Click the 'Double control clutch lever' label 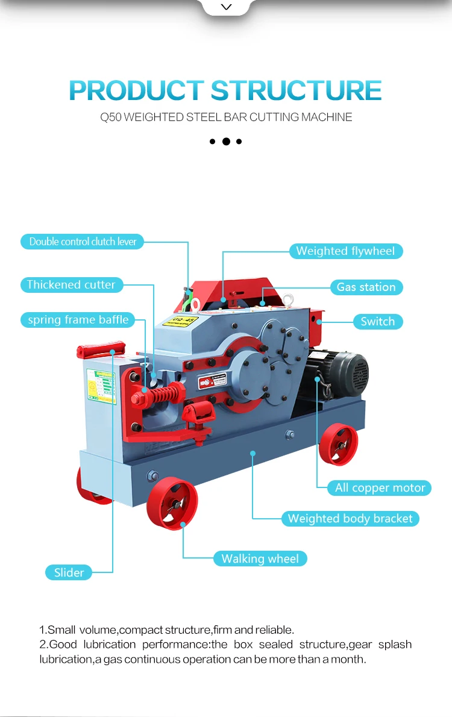click(83, 242)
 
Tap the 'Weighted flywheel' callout click(345, 251)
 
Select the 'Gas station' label click(366, 287)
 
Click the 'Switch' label click(377, 322)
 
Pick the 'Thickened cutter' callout click(71, 285)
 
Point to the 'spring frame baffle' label click(78, 320)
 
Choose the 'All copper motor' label click(380, 488)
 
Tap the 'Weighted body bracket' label click(350, 519)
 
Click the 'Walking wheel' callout click(260, 559)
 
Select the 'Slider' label click(69, 573)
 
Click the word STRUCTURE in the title click(296, 90)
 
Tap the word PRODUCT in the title click(136, 90)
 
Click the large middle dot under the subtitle click(226, 142)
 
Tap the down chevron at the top click(226, 7)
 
